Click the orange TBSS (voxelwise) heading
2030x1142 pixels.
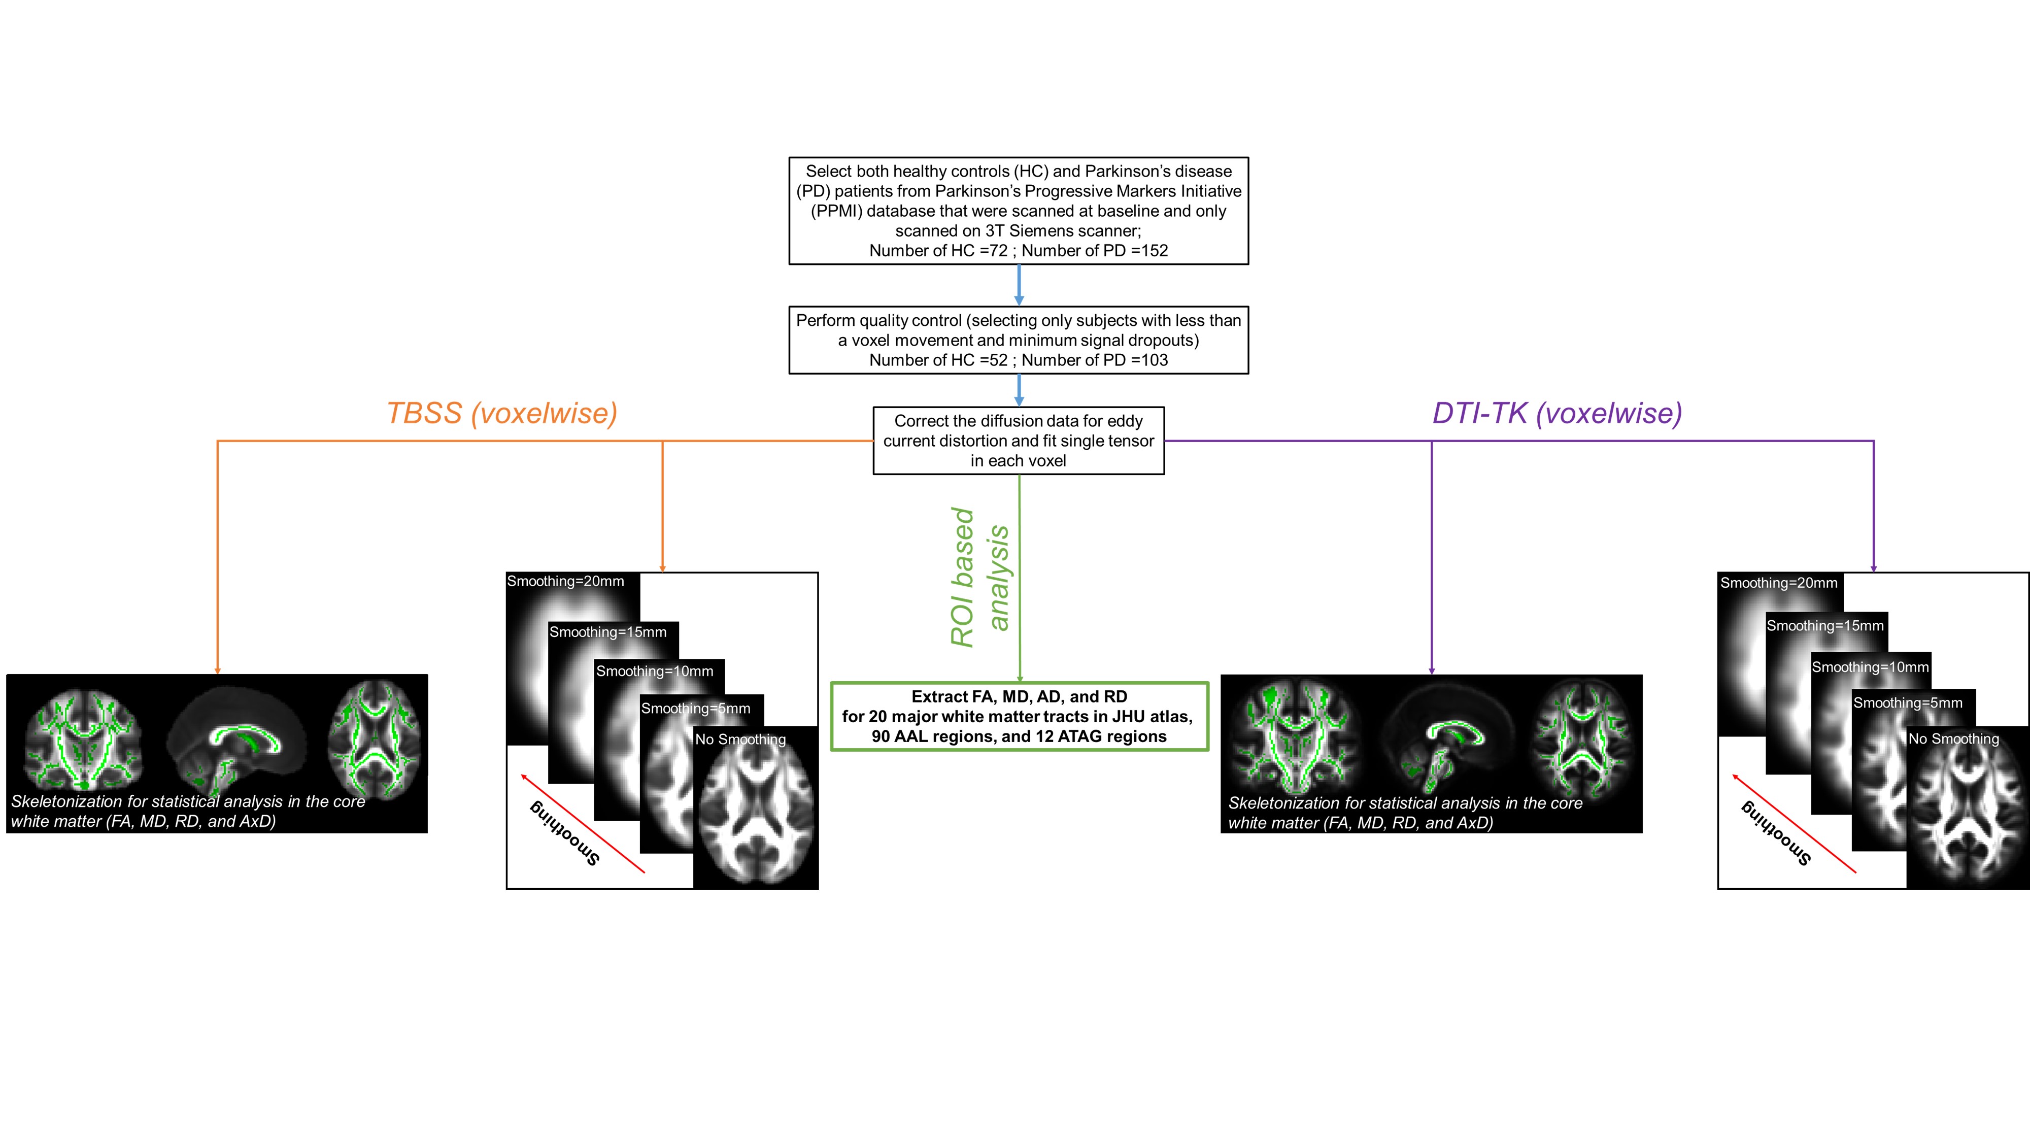pos(502,413)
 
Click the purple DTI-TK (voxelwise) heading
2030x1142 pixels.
pos(1557,413)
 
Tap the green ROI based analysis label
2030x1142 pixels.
pos(979,578)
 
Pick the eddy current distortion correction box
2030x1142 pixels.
pos(1018,441)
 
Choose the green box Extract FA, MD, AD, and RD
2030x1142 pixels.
pos(1019,716)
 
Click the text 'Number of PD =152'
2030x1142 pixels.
pos(1095,251)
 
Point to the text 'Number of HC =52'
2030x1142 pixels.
pos(938,360)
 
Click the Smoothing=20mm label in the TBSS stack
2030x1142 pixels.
pos(565,582)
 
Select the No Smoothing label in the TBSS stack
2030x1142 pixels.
pos(740,740)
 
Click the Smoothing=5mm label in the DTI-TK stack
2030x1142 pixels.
pos(1907,703)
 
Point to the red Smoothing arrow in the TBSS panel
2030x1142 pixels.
pos(583,824)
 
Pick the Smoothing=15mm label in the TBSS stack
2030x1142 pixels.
pos(607,632)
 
